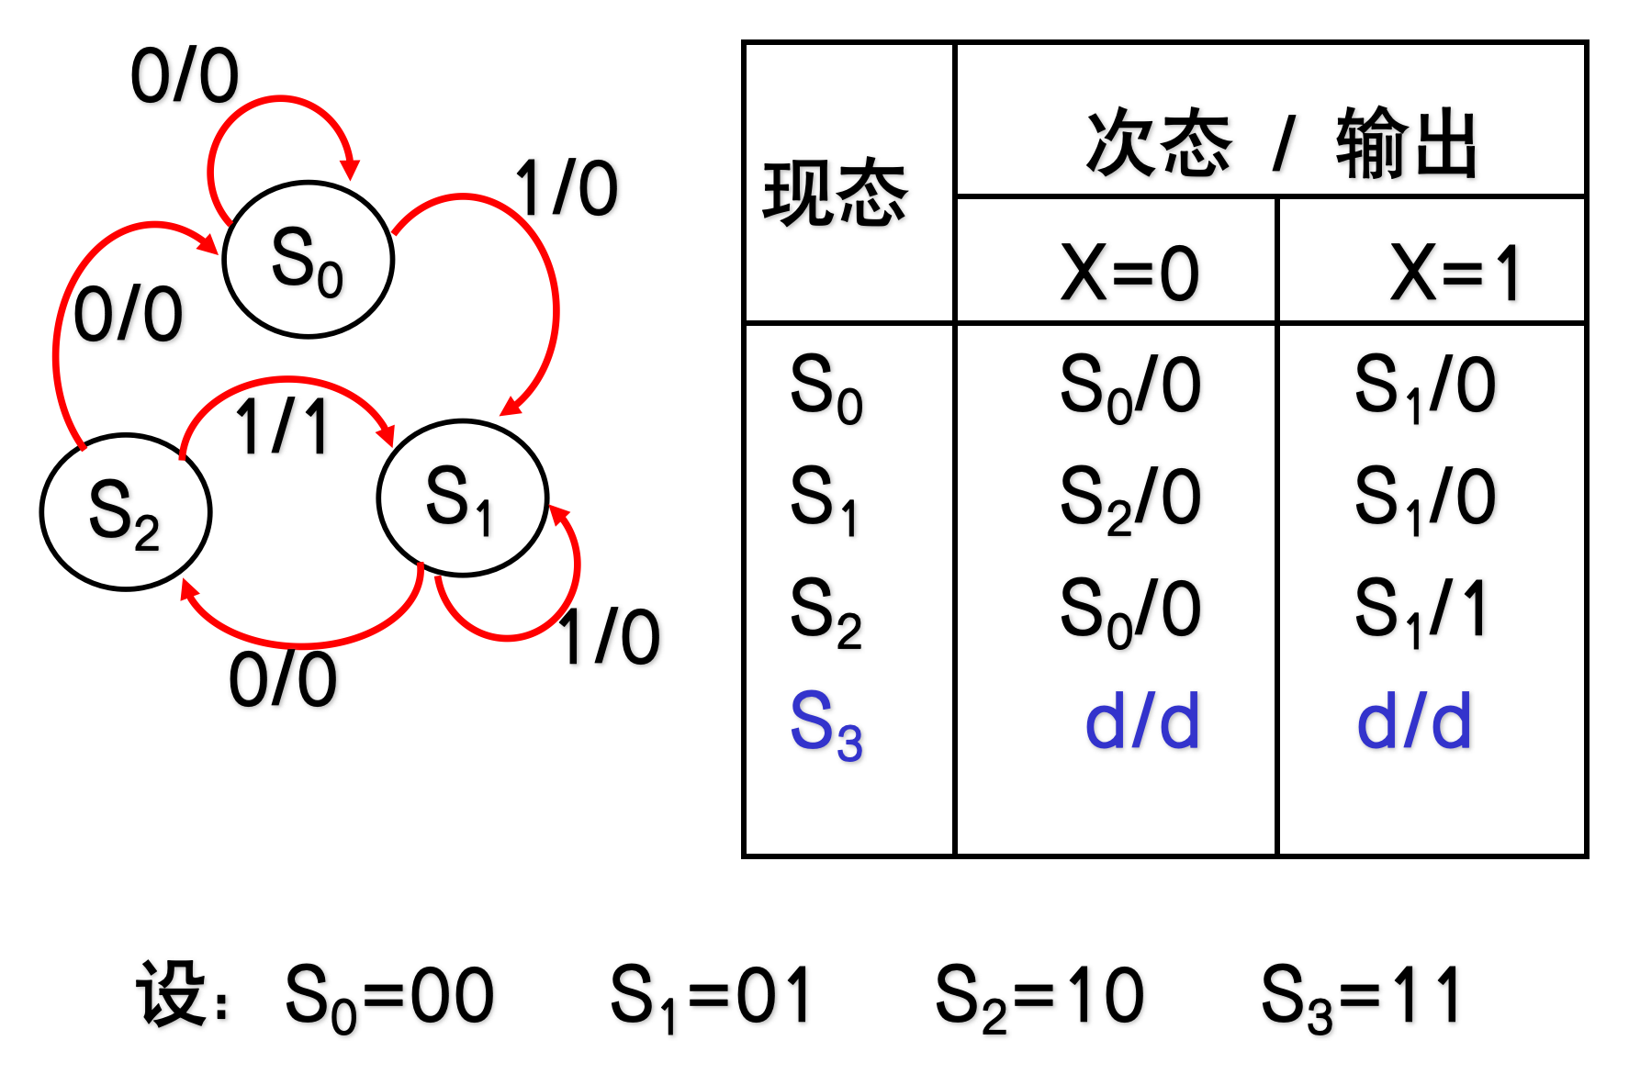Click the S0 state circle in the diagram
pos(309,260)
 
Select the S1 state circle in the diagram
pos(463,498)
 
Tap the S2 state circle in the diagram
pos(126,511)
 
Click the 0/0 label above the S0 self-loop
pos(185,75)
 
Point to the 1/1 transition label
pos(282,427)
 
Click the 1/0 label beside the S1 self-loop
pos(610,637)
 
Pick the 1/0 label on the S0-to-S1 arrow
pos(567,188)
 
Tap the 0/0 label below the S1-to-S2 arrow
pos(283,679)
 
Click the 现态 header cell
pos(835,193)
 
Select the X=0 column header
pos(1129,273)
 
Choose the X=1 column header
pos(1455,273)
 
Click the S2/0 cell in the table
pos(1129,498)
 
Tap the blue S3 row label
pos(826,724)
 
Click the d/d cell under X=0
pos(1141,722)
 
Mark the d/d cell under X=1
pos(1414,722)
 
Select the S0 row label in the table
pos(826,386)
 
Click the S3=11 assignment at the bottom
pos(1361,996)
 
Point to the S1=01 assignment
pos(711,996)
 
